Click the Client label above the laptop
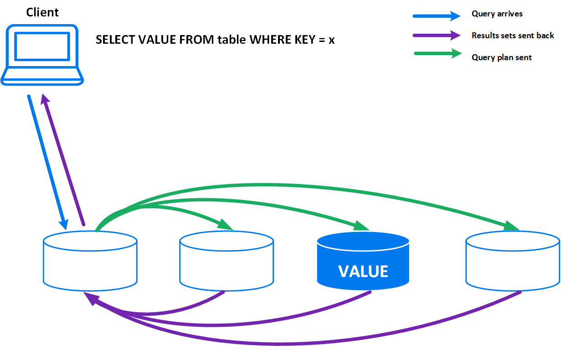coord(42,12)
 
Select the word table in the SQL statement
coord(232,40)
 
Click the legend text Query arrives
coord(497,14)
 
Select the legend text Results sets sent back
coord(513,36)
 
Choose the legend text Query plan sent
coord(501,57)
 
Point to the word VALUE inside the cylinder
coord(363,272)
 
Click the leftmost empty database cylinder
coord(90,262)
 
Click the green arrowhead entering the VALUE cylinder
coord(363,225)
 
